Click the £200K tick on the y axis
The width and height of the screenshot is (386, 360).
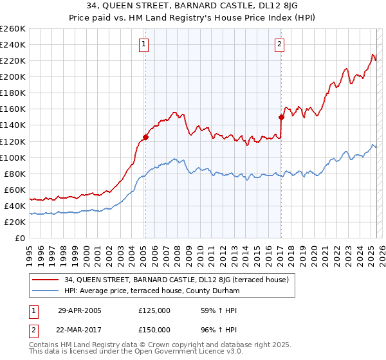click(x=13, y=76)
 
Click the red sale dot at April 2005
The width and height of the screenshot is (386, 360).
click(x=146, y=137)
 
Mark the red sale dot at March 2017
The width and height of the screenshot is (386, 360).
click(x=281, y=117)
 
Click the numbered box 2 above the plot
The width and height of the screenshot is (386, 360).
click(x=280, y=44)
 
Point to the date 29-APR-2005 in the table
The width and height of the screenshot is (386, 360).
click(x=79, y=310)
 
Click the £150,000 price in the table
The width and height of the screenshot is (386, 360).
click(x=154, y=329)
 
